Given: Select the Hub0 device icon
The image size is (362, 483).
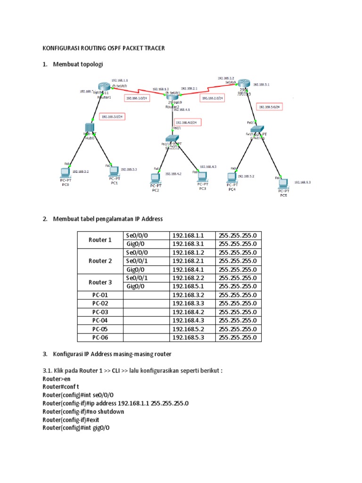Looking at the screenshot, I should [x=90, y=128].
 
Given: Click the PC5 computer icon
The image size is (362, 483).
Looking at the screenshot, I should [x=282, y=183].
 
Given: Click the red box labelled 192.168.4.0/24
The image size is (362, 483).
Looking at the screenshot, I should [x=188, y=122].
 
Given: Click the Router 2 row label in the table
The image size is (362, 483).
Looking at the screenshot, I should [x=100, y=261].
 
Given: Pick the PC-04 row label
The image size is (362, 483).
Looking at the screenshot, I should [x=100, y=320].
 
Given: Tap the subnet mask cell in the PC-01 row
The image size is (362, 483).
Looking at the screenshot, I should [x=238, y=295].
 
